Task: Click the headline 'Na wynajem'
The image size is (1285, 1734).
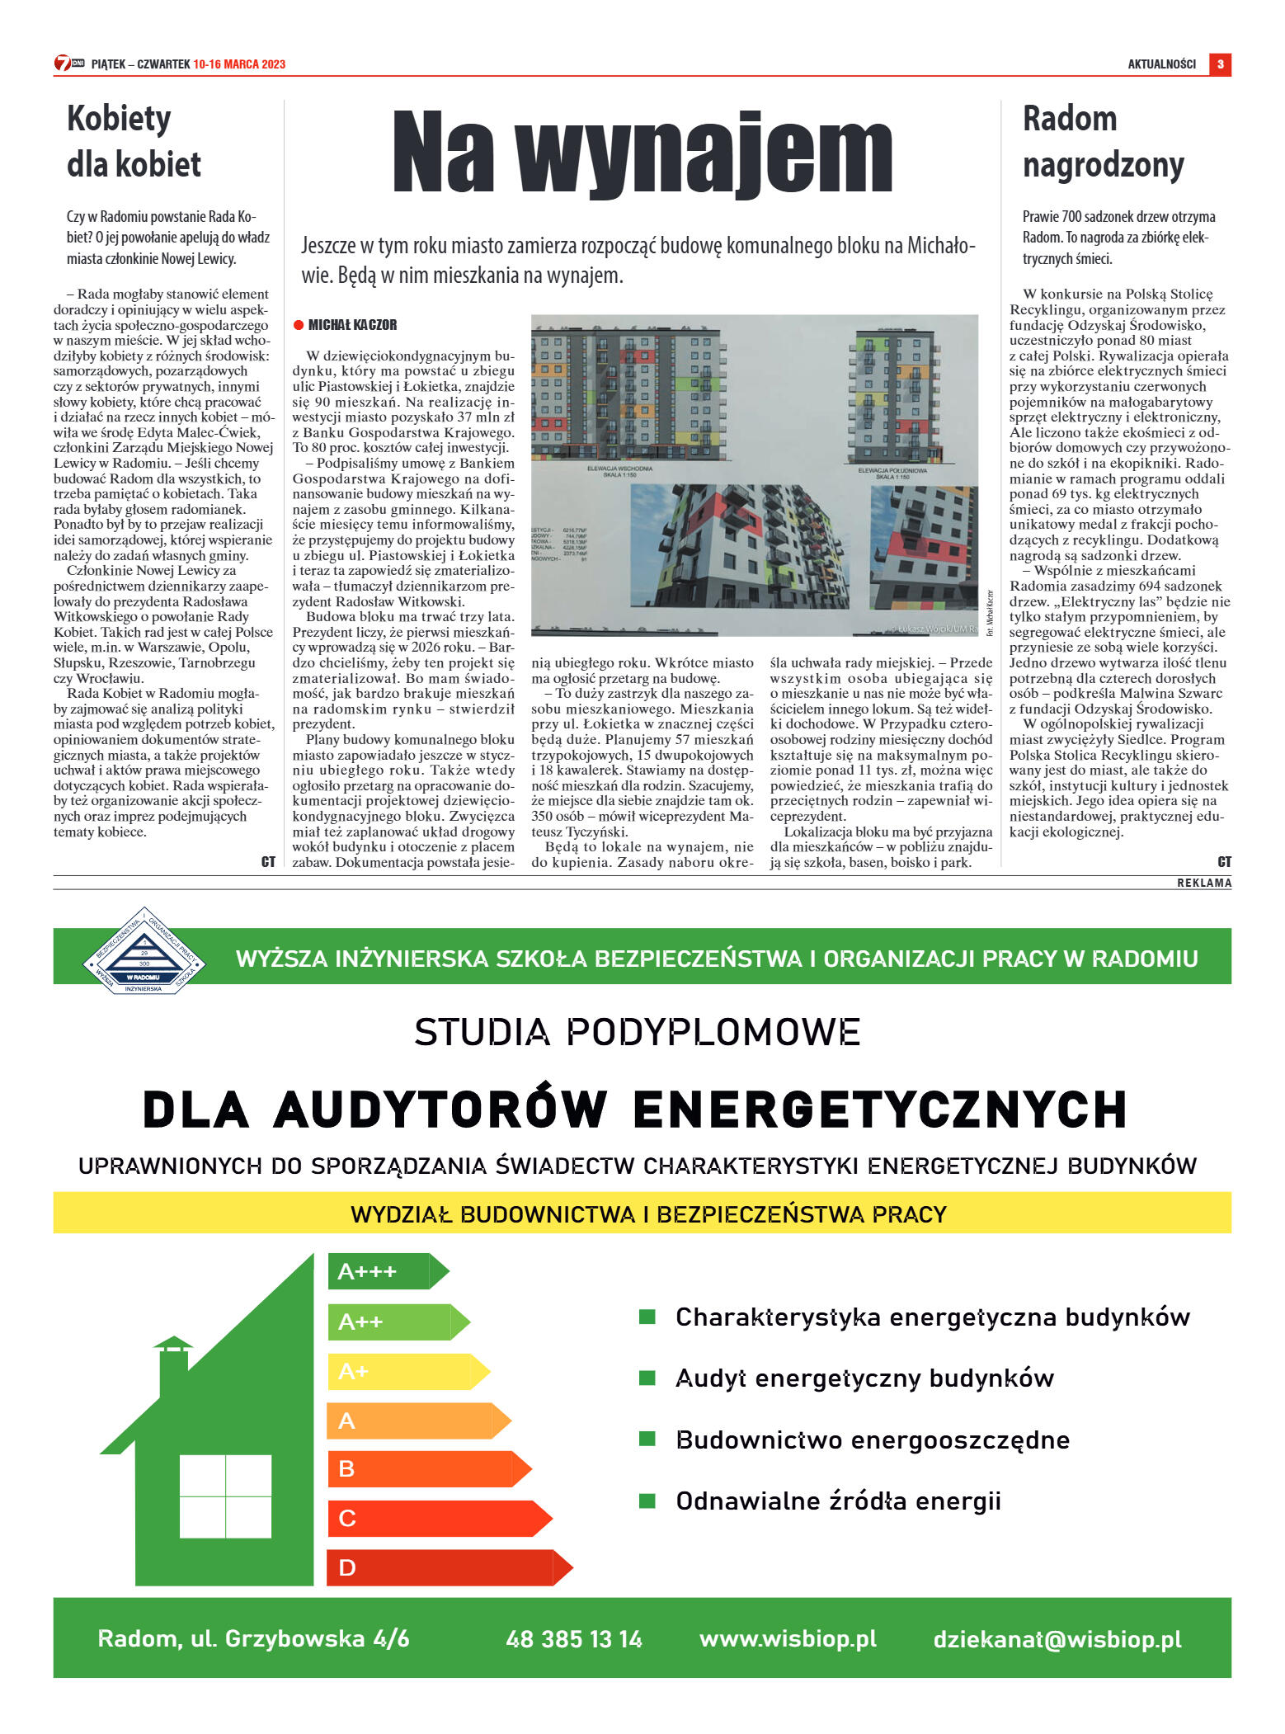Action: pos(642,153)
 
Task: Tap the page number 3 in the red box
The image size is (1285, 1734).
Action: pos(1220,64)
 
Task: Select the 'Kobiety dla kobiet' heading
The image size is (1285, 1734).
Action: pos(134,141)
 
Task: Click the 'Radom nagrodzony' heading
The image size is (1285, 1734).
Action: pos(1103,142)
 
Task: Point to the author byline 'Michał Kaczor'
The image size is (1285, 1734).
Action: pos(352,325)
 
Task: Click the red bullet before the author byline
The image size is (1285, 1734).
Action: pos(299,325)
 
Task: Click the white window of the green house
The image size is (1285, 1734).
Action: pos(225,1496)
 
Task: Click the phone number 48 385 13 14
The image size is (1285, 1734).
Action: pos(574,1638)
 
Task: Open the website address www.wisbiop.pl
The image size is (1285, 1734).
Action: pos(788,1638)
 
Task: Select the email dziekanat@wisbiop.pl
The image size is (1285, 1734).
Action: pos(1057,1638)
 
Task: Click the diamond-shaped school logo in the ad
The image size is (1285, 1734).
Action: pos(144,951)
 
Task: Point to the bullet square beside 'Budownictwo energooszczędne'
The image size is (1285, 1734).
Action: pos(647,1439)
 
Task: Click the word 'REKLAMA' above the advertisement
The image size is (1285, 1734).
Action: pos(1203,883)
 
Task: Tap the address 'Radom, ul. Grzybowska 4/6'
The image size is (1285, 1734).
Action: pos(253,1638)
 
